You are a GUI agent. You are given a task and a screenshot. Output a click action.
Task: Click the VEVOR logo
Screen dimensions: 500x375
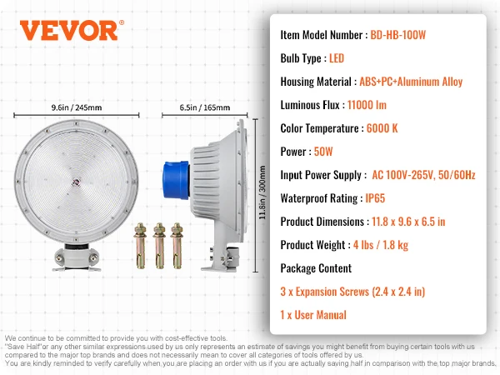tap(72, 30)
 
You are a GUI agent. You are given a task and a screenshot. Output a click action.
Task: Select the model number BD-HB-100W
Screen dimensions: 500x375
tap(398, 35)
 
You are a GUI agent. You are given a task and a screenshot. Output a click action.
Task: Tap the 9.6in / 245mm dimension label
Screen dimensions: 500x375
tap(77, 107)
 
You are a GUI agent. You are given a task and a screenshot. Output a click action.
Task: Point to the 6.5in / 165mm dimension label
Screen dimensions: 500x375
tap(205, 107)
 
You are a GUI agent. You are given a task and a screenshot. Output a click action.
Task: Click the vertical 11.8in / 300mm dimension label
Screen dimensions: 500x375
tap(262, 192)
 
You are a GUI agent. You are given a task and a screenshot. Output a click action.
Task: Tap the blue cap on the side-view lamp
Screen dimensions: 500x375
tap(176, 180)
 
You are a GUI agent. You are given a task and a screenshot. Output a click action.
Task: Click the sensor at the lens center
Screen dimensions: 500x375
tap(77, 182)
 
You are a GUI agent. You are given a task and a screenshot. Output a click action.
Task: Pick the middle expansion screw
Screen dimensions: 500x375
tap(159, 245)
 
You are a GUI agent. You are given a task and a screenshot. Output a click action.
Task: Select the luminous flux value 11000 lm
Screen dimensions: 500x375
tap(367, 105)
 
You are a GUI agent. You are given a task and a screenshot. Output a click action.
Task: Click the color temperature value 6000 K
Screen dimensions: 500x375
tap(382, 128)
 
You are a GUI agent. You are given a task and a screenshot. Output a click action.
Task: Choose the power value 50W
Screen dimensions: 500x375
tap(323, 152)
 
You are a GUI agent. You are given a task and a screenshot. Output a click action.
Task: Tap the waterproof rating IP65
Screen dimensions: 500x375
tap(375, 198)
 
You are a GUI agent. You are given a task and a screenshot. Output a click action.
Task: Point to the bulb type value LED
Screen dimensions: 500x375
tap(337, 58)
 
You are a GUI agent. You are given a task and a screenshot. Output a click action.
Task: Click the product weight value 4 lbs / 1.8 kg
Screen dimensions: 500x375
tap(381, 245)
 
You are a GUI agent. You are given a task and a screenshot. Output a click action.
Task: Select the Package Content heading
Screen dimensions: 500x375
tap(316, 268)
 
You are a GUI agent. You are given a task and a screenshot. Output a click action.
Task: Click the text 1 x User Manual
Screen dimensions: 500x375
tap(313, 315)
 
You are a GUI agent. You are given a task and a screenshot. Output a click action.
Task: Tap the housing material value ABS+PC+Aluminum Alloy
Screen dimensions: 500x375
tap(411, 82)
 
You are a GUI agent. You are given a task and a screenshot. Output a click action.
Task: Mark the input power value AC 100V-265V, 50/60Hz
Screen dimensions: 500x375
tap(423, 175)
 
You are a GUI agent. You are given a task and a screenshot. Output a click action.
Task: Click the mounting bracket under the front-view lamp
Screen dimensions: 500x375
tap(77, 258)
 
